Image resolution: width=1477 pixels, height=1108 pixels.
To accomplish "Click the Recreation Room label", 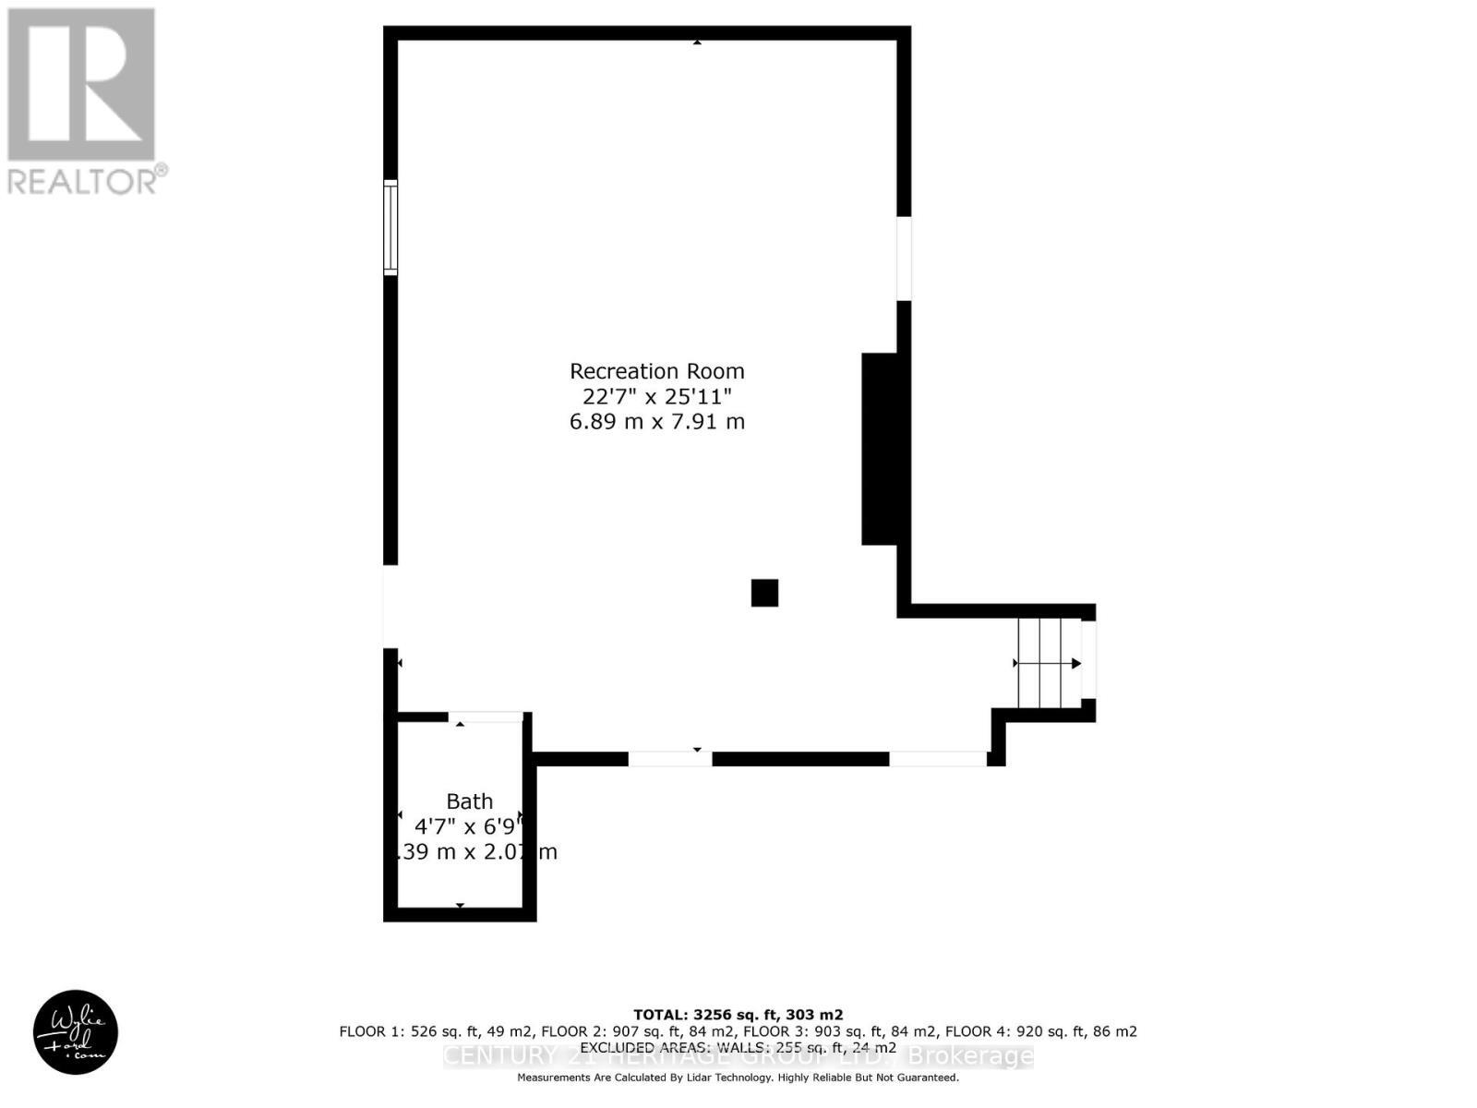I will pos(656,371).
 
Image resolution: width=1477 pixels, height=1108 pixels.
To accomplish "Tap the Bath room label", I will pos(470,801).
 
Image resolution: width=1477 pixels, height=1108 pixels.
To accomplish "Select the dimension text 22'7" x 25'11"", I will pos(656,396).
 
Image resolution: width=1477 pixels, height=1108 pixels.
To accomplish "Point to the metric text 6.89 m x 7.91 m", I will pos(656,422).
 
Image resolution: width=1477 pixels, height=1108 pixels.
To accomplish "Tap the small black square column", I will pos(764,593).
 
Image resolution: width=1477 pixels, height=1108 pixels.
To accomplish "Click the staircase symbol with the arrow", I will pos(1049,663).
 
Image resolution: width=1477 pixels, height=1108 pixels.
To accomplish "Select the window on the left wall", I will pos(390,227).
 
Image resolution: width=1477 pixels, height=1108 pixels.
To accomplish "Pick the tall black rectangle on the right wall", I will pos(880,449).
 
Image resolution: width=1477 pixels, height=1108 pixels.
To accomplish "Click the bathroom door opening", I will pos(486,717).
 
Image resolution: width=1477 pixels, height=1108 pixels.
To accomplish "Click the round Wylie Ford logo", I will pos(76,1032).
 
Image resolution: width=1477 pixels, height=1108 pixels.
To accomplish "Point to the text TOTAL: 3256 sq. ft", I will pos(738,1015).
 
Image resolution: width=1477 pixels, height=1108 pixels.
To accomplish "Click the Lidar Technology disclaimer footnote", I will pos(738,1078).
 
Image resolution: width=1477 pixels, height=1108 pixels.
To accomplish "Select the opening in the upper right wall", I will pos(904,259).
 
